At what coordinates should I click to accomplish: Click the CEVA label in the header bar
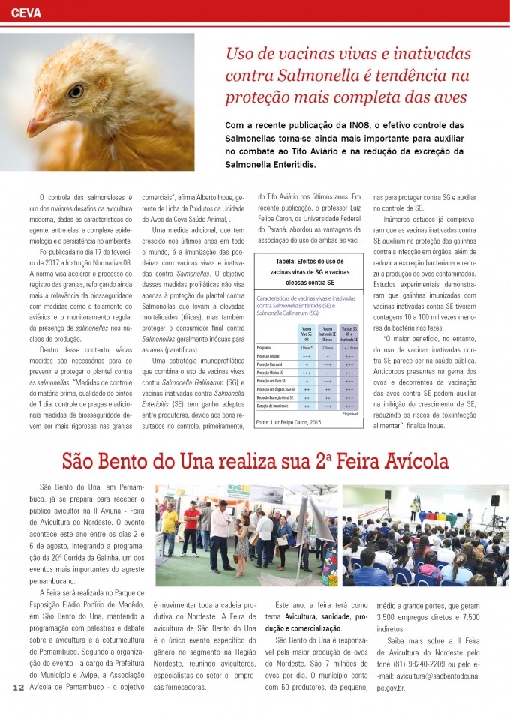27,13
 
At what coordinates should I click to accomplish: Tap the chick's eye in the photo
76,91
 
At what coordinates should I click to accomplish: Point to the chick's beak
38,119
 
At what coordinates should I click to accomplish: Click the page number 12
18,688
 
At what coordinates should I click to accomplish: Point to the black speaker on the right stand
494,500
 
